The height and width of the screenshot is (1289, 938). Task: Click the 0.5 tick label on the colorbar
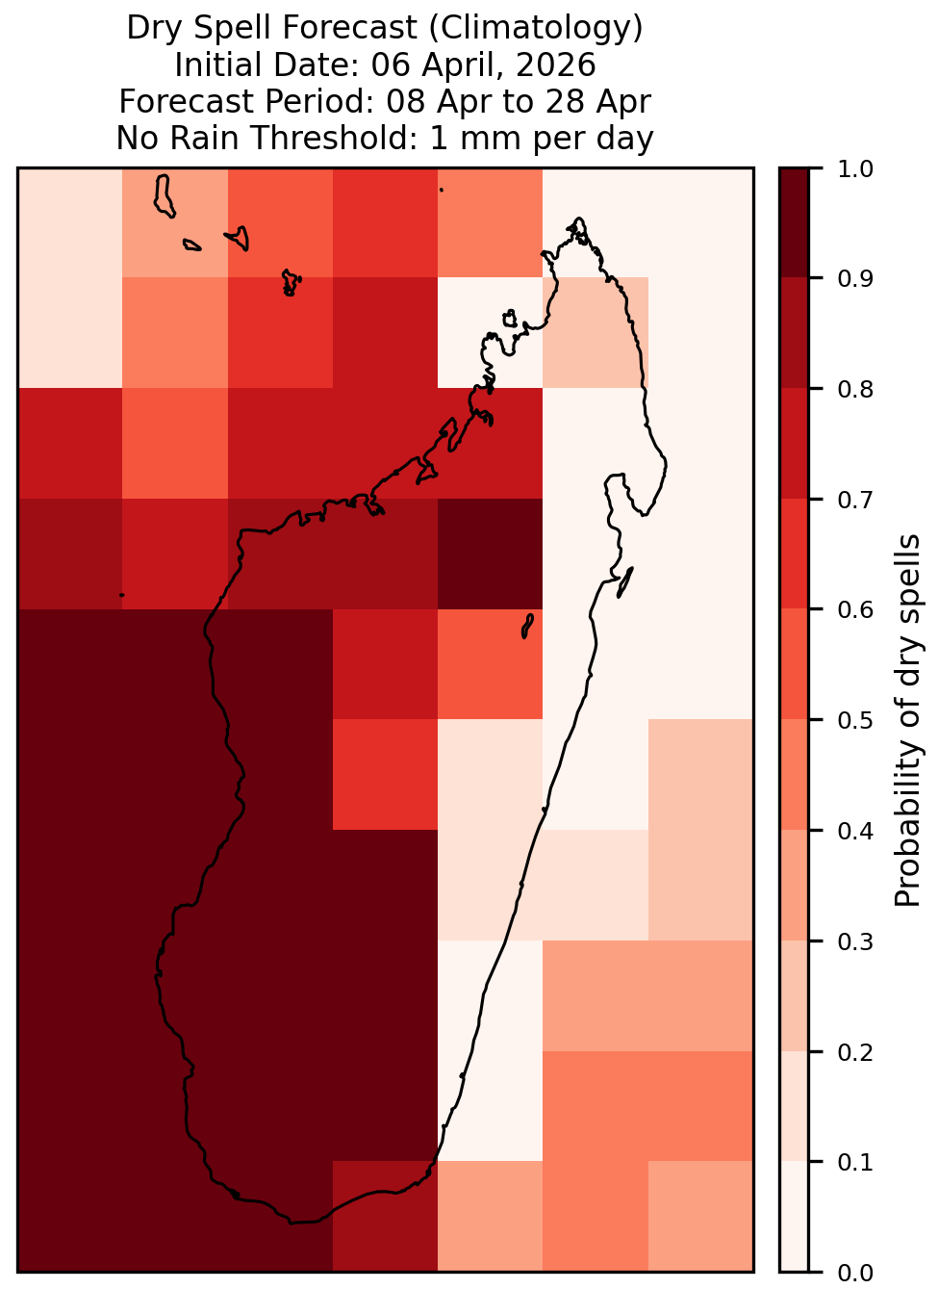(x=855, y=720)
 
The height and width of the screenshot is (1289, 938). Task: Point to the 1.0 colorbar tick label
(x=855, y=169)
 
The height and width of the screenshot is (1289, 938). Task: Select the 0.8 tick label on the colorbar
(x=855, y=390)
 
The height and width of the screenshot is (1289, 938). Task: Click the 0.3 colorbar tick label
(x=855, y=941)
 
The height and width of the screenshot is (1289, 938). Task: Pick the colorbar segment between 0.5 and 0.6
(x=794, y=664)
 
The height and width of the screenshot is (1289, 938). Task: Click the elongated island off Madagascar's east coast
(x=624, y=582)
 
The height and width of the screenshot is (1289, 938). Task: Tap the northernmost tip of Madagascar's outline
(x=578, y=219)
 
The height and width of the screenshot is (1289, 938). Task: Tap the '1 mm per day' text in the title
(x=542, y=139)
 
